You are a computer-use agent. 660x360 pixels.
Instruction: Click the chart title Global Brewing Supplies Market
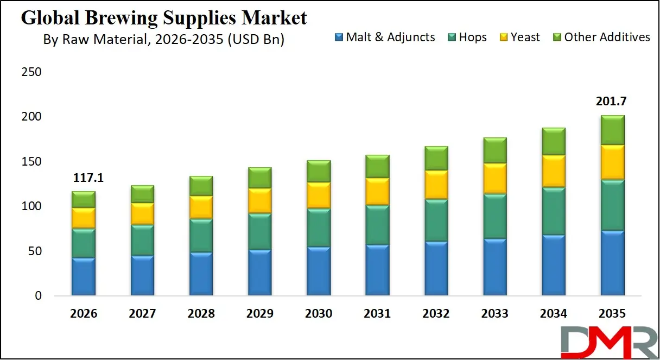pyautogui.click(x=163, y=18)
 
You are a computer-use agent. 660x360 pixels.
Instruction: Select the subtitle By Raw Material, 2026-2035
pyautogui.click(x=163, y=40)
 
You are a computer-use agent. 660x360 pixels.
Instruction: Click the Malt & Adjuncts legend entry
pyautogui.click(x=385, y=37)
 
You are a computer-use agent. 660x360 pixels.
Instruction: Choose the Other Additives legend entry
pyautogui.click(x=601, y=37)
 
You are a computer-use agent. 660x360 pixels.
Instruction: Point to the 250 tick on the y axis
pyautogui.click(x=31, y=73)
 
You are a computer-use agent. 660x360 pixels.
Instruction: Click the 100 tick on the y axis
pyautogui.click(x=31, y=206)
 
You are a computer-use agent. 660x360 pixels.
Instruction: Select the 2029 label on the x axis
pyautogui.click(x=259, y=314)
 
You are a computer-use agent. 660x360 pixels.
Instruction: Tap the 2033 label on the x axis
pyautogui.click(x=494, y=314)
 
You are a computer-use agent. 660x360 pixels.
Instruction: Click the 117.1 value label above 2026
pyautogui.click(x=84, y=178)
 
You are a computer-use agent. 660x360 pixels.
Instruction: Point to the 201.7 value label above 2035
pyautogui.click(x=612, y=102)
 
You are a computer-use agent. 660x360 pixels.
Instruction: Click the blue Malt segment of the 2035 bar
pyautogui.click(x=612, y=263)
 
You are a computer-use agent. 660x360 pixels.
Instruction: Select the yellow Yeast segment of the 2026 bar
pyautogui.click(x=84, y=218)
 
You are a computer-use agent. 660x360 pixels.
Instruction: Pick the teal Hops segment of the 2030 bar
pyautogui.click(x=318, y=228)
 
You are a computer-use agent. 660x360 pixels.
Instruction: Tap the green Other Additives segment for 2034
pyautogui.click(x=553, y=141)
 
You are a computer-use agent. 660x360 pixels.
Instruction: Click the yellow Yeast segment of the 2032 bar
pyautogui.click(x=436, y=185)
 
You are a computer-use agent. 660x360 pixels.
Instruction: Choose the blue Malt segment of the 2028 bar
pyautogui.click(x=201, y=274)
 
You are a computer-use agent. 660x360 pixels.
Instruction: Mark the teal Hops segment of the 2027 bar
pyautogui.click(x=142, y=240)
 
